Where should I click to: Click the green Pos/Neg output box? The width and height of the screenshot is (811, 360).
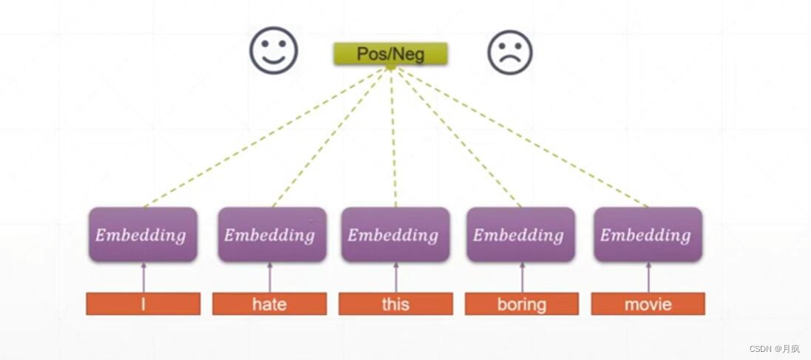(x=390, y=54)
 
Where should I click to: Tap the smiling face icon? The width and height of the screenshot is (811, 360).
(x=274, y=51)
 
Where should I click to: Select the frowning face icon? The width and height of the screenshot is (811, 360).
(x=510, y=52)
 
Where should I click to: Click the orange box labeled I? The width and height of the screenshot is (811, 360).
(x=143, y=304)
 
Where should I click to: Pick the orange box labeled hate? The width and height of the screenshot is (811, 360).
(x=269, y=304)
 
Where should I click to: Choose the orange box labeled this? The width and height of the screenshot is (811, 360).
(x=396, y=304)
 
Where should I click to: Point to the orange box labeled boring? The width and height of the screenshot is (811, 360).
(x=522, y=304)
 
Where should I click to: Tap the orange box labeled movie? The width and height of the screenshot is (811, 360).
(x=648, y=304)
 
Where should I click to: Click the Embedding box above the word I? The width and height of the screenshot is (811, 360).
(x=143, y=234)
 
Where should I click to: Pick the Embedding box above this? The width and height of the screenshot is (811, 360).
(x=396, y=234)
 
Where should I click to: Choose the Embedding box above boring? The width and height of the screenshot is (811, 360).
(x=520, y=234)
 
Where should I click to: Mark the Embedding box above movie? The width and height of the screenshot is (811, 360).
(x=648, y=234)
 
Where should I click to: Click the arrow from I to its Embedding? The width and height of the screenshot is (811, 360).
(x=143, y=277)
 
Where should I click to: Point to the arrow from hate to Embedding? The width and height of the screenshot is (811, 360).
(x=270, y=277)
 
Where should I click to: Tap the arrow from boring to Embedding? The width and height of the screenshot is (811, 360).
(x=522, y=277)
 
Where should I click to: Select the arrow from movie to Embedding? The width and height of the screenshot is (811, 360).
(x=648, y=277)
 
